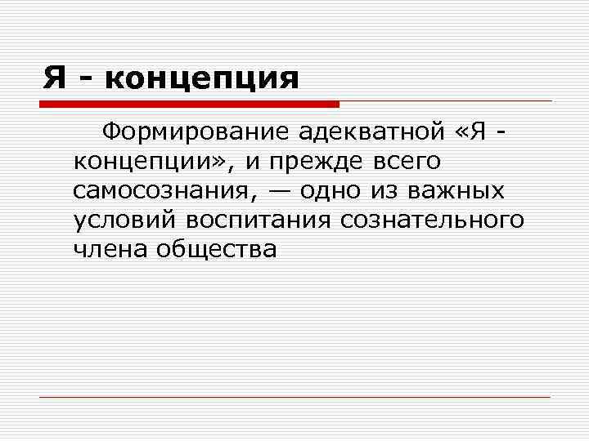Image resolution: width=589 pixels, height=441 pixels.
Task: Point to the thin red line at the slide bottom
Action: (294, 397)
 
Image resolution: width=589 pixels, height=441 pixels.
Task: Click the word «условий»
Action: (124, 220)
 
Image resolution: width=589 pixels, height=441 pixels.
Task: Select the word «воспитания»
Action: (255, 220)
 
